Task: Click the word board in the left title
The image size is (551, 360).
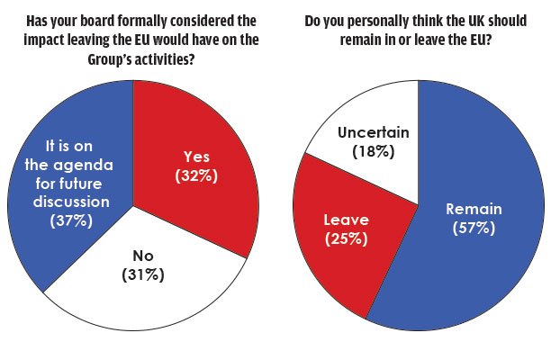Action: point(118,19)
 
